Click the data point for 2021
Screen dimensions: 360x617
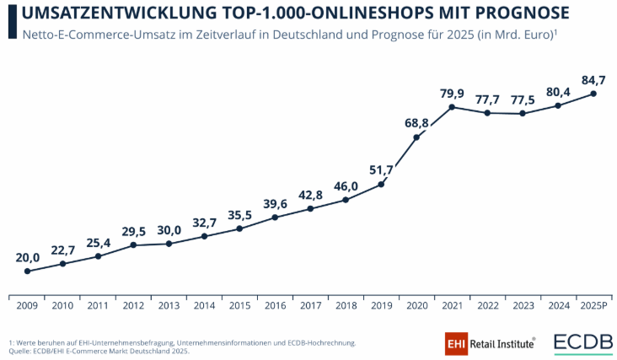pos(453,107)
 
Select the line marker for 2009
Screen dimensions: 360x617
pos(27,271)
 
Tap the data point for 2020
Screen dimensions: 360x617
pos(417,137)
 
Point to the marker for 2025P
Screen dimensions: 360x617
pos(594,94)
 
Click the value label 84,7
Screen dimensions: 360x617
pos(594,79)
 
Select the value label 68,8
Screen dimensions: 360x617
pos(417,123)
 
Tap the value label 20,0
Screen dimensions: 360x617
pos(27,256)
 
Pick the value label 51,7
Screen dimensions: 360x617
pos(382,169)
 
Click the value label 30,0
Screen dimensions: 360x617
pos(169,229)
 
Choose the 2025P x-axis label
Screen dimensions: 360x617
pos(594,305)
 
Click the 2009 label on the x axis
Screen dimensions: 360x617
pos(27,305)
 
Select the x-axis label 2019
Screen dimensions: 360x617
pos(382,305)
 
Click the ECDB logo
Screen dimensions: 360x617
pos(583,343)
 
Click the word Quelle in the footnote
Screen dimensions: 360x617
pos(20,350)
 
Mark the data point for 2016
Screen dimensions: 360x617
pos(276,218)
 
